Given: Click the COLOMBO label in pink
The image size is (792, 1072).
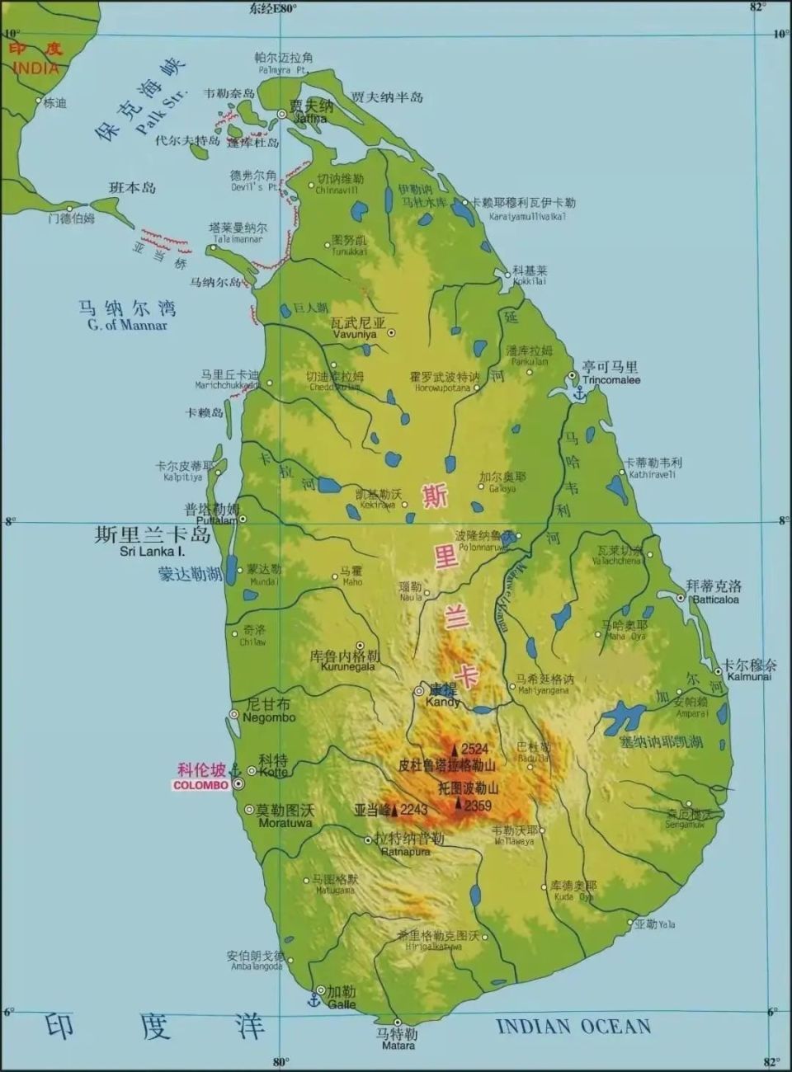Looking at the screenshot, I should (200, 786).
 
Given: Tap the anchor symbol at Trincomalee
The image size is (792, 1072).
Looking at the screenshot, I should (578, 393).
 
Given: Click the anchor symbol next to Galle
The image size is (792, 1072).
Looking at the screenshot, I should (313, 1000).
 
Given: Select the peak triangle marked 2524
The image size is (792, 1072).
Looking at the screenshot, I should (455, 749).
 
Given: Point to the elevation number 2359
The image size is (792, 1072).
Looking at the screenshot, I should (478, 806).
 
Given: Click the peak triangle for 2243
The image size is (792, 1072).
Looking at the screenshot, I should (394, 810).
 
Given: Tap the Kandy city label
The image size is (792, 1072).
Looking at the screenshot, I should (443, 703).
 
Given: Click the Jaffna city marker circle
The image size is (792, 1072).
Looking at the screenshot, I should (282, 115).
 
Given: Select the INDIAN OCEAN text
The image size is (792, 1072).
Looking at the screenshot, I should (573, 1027).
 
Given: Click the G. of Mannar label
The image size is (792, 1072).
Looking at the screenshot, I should (127, 325).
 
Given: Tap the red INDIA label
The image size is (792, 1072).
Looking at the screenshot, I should (36, 68).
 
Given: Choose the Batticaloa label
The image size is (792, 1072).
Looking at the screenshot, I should (715, 599).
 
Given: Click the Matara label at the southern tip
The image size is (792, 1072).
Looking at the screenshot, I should (398, 1046).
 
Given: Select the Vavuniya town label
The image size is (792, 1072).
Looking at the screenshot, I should (354, 334).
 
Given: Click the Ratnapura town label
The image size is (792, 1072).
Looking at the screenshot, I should (405, 852).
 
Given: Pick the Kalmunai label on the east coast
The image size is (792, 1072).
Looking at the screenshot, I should (749, 676).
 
